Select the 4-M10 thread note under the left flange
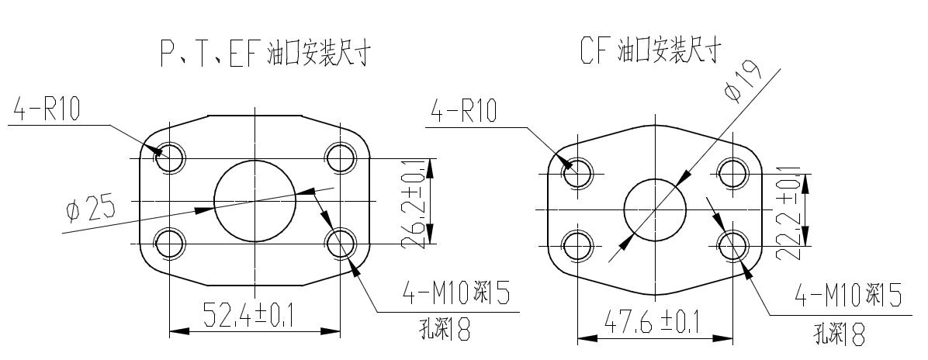point(456,295)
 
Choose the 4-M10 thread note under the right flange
point(850,296)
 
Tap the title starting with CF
point(651,51)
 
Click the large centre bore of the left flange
point(255,201)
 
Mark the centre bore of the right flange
point(655,209)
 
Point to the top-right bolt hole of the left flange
point(341,158)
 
